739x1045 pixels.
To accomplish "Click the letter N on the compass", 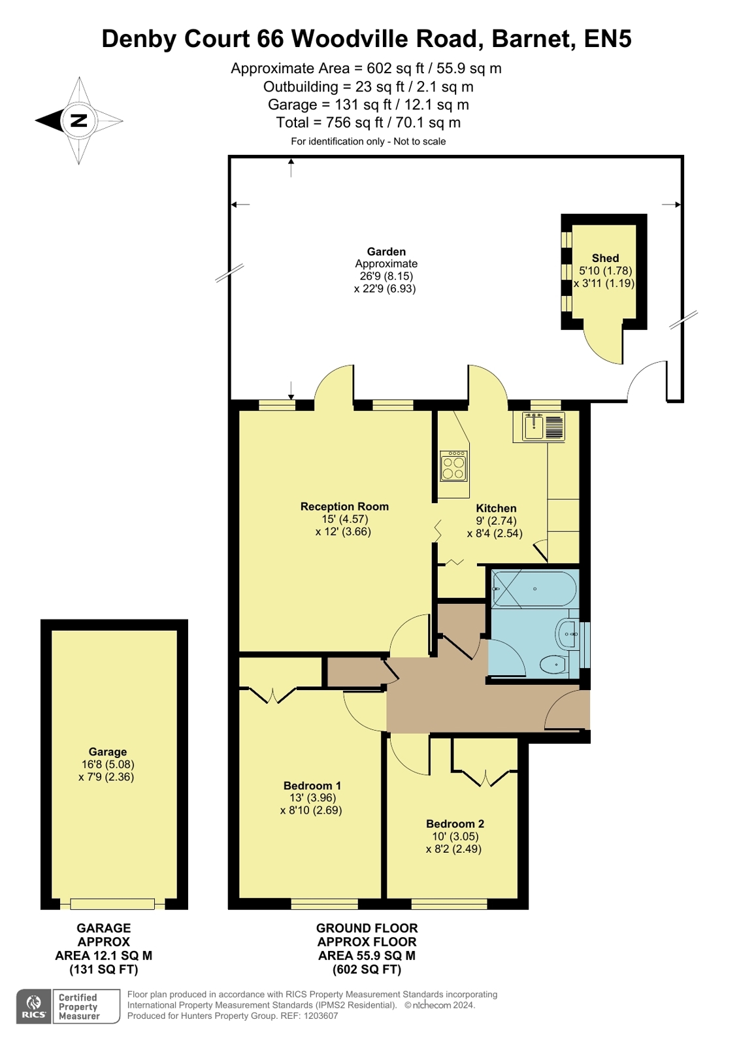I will pyautogui.click(x=78, y=120).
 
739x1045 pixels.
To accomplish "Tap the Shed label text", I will pyautogui.click(x=605, y=258).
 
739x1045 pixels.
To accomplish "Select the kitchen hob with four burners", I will pyautogui.click(x=453, y=466).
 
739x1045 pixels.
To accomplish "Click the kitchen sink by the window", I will pyautogui.click(x=534, y=426).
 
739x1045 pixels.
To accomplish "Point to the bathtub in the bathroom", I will pyautogui.click(x=534, y=589).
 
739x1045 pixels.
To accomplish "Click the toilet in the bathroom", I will pyautogui.click(x=553, y=665).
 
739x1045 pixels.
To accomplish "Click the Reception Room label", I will pyautogui.click(x=344, y=506).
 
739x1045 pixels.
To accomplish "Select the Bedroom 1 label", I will pyautogui.click(x=312, y=786).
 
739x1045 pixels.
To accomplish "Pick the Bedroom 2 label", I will pyautogui.click(x=455, y=823).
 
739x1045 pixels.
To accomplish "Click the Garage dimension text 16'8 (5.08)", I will pyautogui.click(x=108, y=765).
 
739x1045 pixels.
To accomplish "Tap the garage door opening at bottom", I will pyautogui.click(x=112, y=904).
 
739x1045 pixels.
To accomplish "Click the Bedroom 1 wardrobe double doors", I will pyautogui.click(x=273, y=695).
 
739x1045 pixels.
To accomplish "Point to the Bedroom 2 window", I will pyautogui.click(x=449, y=904).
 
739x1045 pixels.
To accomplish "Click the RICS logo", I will pyautogui.click(x=34, y=1006).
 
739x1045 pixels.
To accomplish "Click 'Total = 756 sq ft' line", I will pyautogui.click(x=368, y=122).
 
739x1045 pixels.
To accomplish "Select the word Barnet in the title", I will pyautogui.click(x=533, y=39).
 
